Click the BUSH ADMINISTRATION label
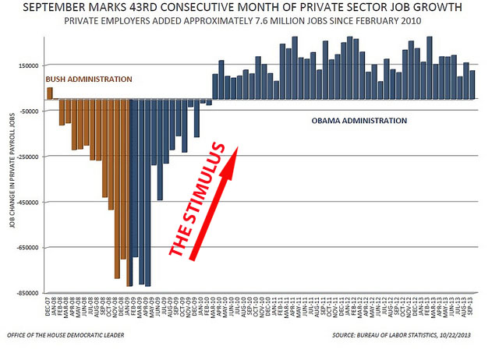tap(89, 79)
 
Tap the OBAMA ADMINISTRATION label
tap(359, 122)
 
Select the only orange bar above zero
tap(50, 93)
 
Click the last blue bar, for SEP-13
tap(472, 85)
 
